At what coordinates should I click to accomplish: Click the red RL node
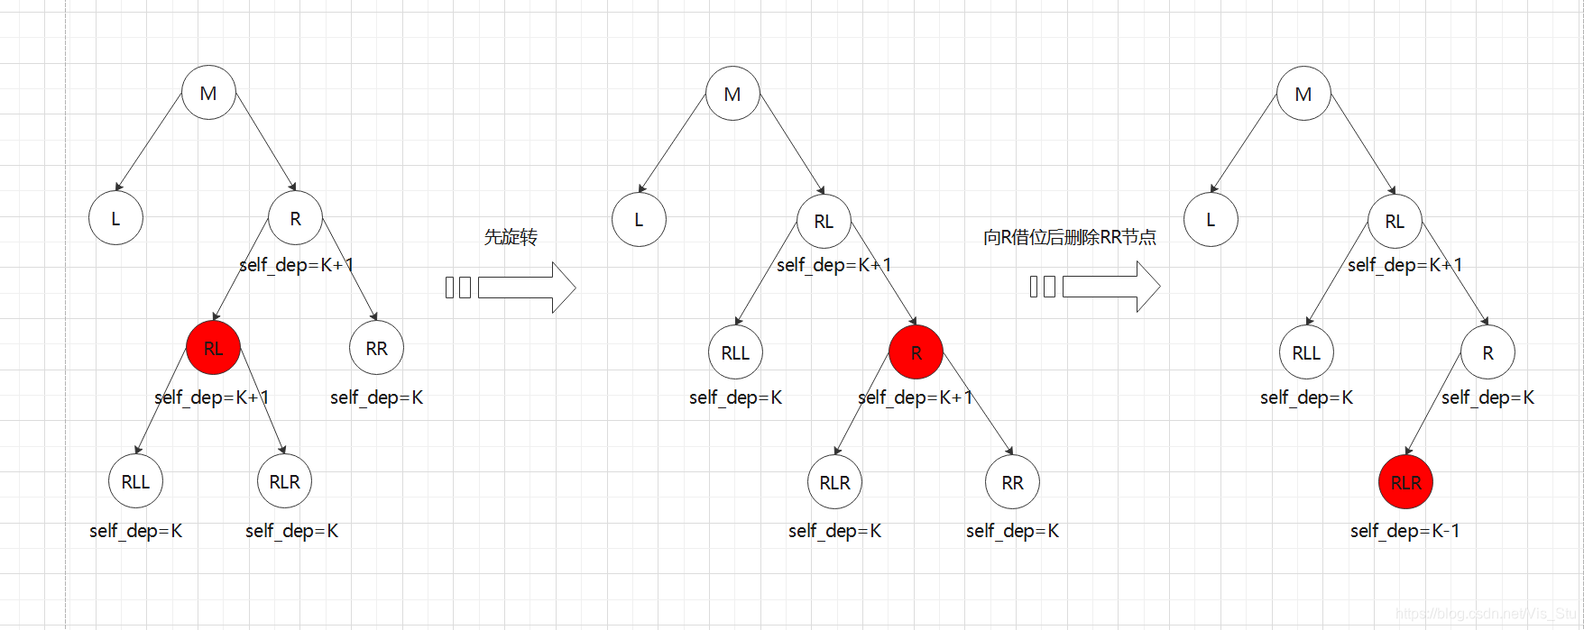tap(213, 348)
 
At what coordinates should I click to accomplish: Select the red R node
tap(916, 352)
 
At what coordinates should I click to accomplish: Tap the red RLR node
tap(1405, 482)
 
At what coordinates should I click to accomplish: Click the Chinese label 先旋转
tap(511, 237)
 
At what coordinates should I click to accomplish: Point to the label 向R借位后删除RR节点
tap(1069, 237)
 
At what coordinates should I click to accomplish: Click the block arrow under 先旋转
tap(527, 288)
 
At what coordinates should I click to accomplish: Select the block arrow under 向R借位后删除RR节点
tap(1111, 287)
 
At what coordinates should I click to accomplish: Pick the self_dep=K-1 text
tap(1404, 531)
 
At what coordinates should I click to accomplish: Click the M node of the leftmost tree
tap(208, 93)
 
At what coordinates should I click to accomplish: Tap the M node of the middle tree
tap(732, 94)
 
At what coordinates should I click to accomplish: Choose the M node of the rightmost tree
tap(1303, 94)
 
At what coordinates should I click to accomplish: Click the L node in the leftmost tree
tap(115, 218)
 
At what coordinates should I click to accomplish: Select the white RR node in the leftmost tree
tap(376, 348)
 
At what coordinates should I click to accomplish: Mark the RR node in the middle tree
tap(1012, 482)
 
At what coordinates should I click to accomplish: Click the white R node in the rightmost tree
tap(1487, 352)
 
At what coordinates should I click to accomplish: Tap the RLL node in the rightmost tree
tap(1306, 352)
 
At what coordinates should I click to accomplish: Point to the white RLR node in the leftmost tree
tap(284, 481)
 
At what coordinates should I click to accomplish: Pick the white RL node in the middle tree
tap(824, 221)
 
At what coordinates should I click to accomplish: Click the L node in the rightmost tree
tap(1211, 219)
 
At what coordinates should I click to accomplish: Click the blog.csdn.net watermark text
tap(1488, 614)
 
